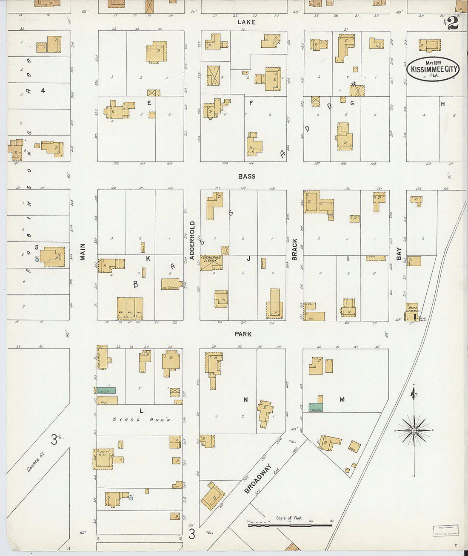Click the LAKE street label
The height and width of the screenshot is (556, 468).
[x=246, y=22]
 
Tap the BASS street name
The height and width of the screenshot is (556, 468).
[x=246, y=176]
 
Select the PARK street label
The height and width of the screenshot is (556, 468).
[x=243, y=334]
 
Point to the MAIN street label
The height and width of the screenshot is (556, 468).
[x=83, y=252]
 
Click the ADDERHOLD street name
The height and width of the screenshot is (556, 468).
[x=192, y=240]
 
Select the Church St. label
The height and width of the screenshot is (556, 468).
[x=36, y=462]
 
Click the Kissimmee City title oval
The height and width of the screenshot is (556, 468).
[x=433, y=69]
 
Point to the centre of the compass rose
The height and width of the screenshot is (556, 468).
[x=414, y=431]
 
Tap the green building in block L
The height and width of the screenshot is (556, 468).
[x=106, y=390]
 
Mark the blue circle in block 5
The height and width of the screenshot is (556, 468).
[x=37, y=259]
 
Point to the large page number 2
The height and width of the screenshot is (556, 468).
[x=453, y=23]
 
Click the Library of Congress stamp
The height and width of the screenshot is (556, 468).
[x=445, y=530]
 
